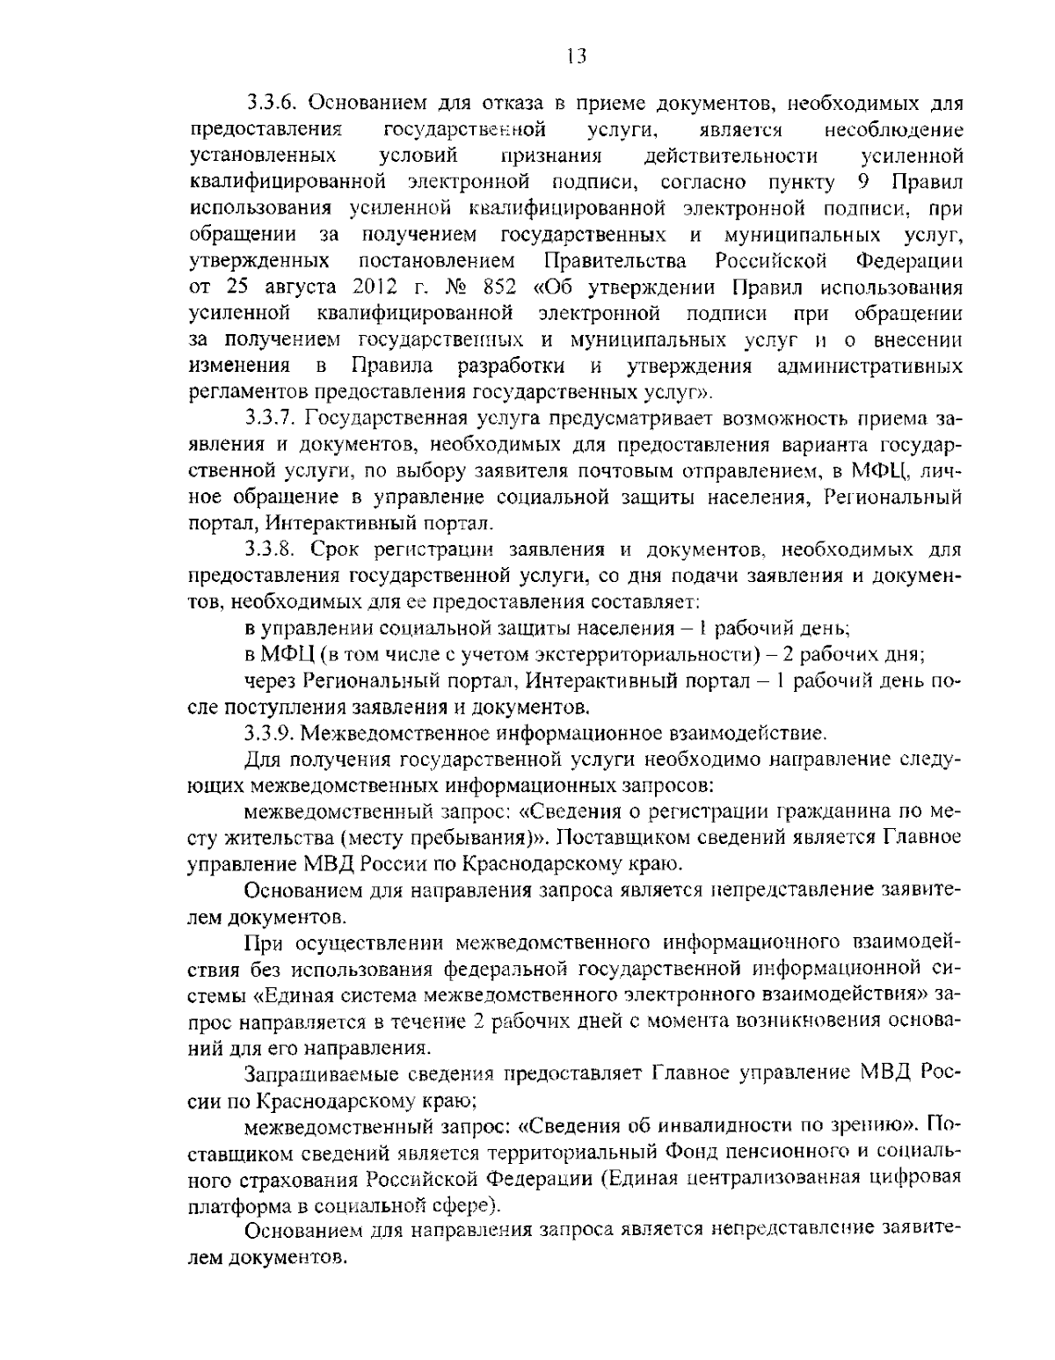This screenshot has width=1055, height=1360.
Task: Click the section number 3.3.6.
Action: pos(270,105)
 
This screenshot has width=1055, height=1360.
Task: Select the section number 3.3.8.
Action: pos(270,550)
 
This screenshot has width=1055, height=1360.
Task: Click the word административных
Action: pos(870,366)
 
